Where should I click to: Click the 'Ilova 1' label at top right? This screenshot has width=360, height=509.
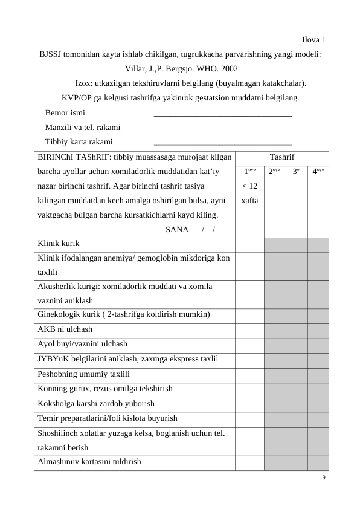click(x=314, y=40)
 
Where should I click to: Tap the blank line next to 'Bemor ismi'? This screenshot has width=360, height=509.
click(x=223, y=114)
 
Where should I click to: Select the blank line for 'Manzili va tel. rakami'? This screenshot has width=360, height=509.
click(x=223, y=129)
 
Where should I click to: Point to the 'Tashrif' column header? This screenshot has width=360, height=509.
click(x=281, y=157)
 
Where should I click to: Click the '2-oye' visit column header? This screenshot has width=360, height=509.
click(x=274, y=172)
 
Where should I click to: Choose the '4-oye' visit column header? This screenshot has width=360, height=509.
click(x=318, y=172)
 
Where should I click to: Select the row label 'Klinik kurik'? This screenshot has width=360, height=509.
click(x=59, y=244)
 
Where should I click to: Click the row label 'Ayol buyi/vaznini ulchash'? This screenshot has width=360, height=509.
click(x=82, y=344)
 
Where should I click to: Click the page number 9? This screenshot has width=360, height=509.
click(x=324, y=478)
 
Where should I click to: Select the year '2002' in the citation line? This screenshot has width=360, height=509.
click(x=227, y=69)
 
